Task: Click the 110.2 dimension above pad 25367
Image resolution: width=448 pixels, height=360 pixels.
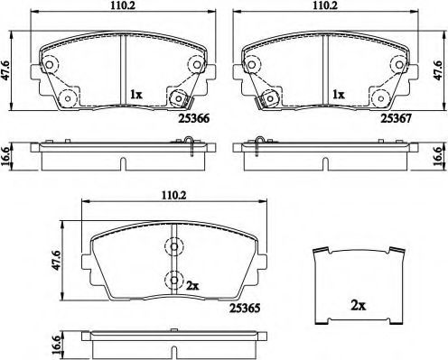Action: click(326, 6)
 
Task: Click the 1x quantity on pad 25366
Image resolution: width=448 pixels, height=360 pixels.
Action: click(135, 93)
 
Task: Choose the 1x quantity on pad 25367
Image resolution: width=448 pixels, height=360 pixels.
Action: click(339, 93)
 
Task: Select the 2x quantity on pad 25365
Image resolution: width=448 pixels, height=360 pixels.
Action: click(191, 284)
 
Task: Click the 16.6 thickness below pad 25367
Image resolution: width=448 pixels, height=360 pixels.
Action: click(440, 154)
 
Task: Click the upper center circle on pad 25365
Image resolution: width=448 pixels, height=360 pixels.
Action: click(172, 245)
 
